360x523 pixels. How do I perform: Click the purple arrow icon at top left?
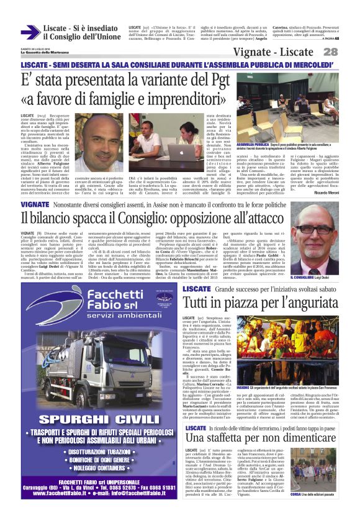(30, 32)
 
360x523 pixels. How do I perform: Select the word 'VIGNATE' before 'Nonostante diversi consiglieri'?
(35, 204)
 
